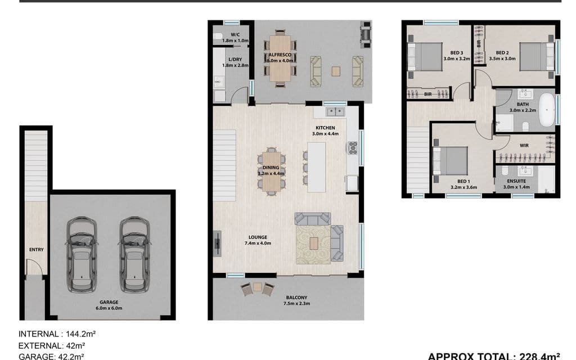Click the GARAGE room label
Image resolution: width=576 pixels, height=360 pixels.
point(109,302)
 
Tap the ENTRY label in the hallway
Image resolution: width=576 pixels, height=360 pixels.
point(37,249)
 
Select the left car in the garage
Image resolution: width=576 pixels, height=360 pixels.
point(82,255)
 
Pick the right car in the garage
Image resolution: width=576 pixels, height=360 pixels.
point(134,255)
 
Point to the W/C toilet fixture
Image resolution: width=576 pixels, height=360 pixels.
point(218,36)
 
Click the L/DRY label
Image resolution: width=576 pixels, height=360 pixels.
point(235,60)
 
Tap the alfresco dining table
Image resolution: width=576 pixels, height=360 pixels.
point(280,58)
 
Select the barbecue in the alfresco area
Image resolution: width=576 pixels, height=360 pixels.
point(366,34)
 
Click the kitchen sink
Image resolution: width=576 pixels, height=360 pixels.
point(335,112)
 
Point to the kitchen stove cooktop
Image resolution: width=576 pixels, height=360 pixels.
point(353,148)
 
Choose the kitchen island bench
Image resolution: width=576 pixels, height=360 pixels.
point(316,167)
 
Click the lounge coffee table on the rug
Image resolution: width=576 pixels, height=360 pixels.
point(314,243)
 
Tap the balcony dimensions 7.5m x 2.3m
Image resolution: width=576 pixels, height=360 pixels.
point(296,303)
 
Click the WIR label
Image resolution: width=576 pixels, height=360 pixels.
point(524,146)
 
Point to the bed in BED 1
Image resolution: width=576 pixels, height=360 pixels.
point(451,161)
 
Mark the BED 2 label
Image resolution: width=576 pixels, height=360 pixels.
point(502,52)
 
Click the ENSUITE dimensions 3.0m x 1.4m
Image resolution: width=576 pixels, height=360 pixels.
point(516,187)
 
